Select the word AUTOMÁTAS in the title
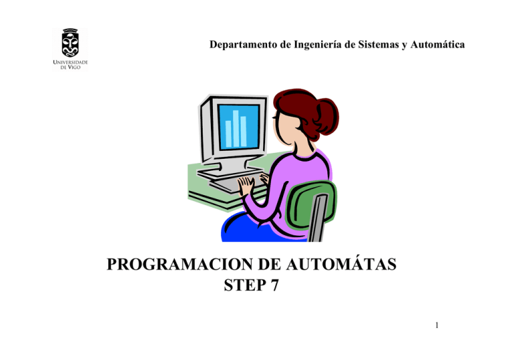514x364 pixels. point(342,266)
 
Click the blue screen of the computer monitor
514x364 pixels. point(238,124)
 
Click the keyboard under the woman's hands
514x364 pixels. point(231,181)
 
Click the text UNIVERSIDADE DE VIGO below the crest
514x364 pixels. point(70,65)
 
